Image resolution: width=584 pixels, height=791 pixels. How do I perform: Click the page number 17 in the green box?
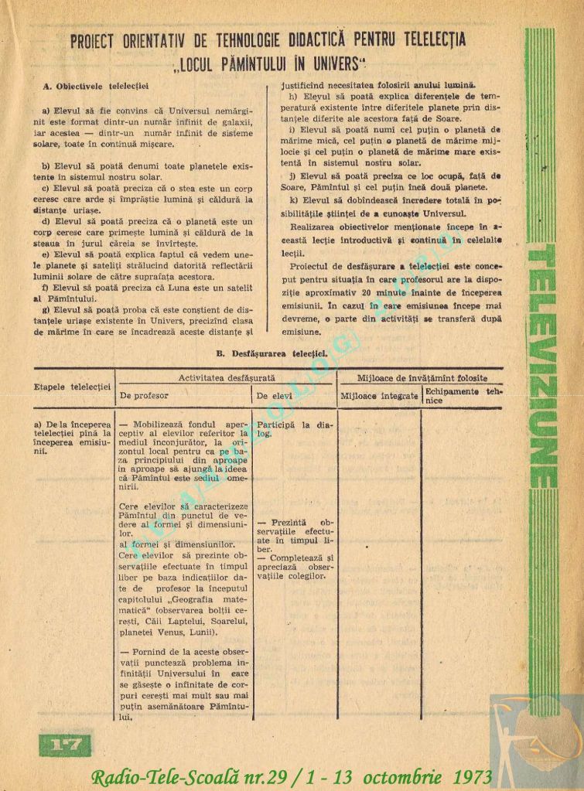point(65,745)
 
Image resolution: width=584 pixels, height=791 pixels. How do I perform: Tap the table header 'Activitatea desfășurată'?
point(227,378)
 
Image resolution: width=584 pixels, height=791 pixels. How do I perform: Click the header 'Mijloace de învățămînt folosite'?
point(422,378)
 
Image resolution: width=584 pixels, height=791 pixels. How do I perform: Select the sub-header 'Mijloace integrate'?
point(380,396)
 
